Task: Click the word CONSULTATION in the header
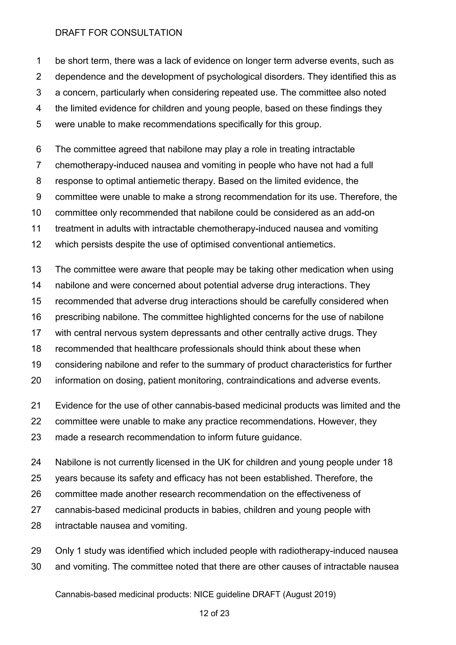[146, 33]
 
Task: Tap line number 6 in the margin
[39, 149]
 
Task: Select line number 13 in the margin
[36, 269]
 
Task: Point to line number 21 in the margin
[36, 405]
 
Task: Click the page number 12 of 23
[214, 613]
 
